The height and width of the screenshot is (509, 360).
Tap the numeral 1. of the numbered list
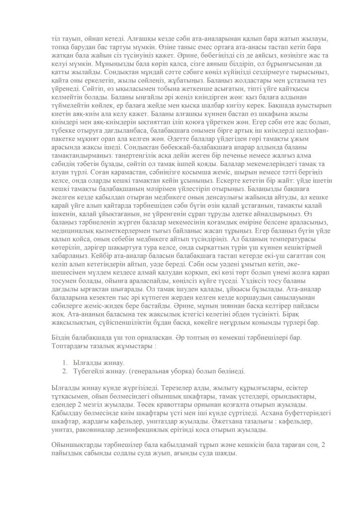click(66, 363)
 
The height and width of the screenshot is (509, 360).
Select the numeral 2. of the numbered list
click(66, 371)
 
